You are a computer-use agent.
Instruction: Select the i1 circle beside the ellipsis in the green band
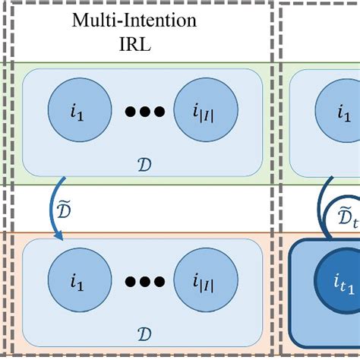click(76, 112)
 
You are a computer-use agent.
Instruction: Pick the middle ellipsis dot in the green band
click(144, 112)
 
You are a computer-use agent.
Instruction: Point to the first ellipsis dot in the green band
click(131, 112)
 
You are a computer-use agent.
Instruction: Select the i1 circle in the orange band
click(76, 283)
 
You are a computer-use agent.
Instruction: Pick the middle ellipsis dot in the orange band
click(144, 283)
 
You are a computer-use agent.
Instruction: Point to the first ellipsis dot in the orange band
click(131, 283)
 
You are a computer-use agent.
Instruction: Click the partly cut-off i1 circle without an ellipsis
click(342, 112)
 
